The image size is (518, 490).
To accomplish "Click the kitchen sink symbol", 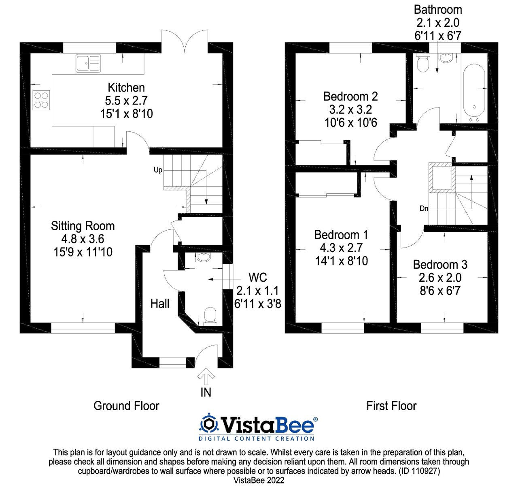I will click(88, 64).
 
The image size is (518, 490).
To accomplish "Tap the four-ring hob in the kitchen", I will click(41, 100).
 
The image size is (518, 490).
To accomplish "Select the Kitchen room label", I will click(126, 88).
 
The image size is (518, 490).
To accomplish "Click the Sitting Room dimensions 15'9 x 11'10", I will click(83, 252).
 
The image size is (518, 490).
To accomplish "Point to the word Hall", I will click(160, 304).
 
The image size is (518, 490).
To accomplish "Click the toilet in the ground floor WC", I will click(210, 315).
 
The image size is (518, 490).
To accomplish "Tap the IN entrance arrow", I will click(206, 377).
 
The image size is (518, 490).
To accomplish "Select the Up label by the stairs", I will click(158, 170).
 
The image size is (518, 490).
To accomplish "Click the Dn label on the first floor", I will click(424, 209).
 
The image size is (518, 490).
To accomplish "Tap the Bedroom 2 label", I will click(350, 96).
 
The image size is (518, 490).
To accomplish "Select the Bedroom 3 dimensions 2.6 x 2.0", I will click(440, 278).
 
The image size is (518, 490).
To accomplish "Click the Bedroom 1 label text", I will click(341, 235).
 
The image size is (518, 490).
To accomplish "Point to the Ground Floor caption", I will click(126, 406).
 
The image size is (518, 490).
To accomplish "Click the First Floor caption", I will click(391, 406).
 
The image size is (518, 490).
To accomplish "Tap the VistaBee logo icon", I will click(209, 424).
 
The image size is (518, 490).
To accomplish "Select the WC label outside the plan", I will click(258, 278).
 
